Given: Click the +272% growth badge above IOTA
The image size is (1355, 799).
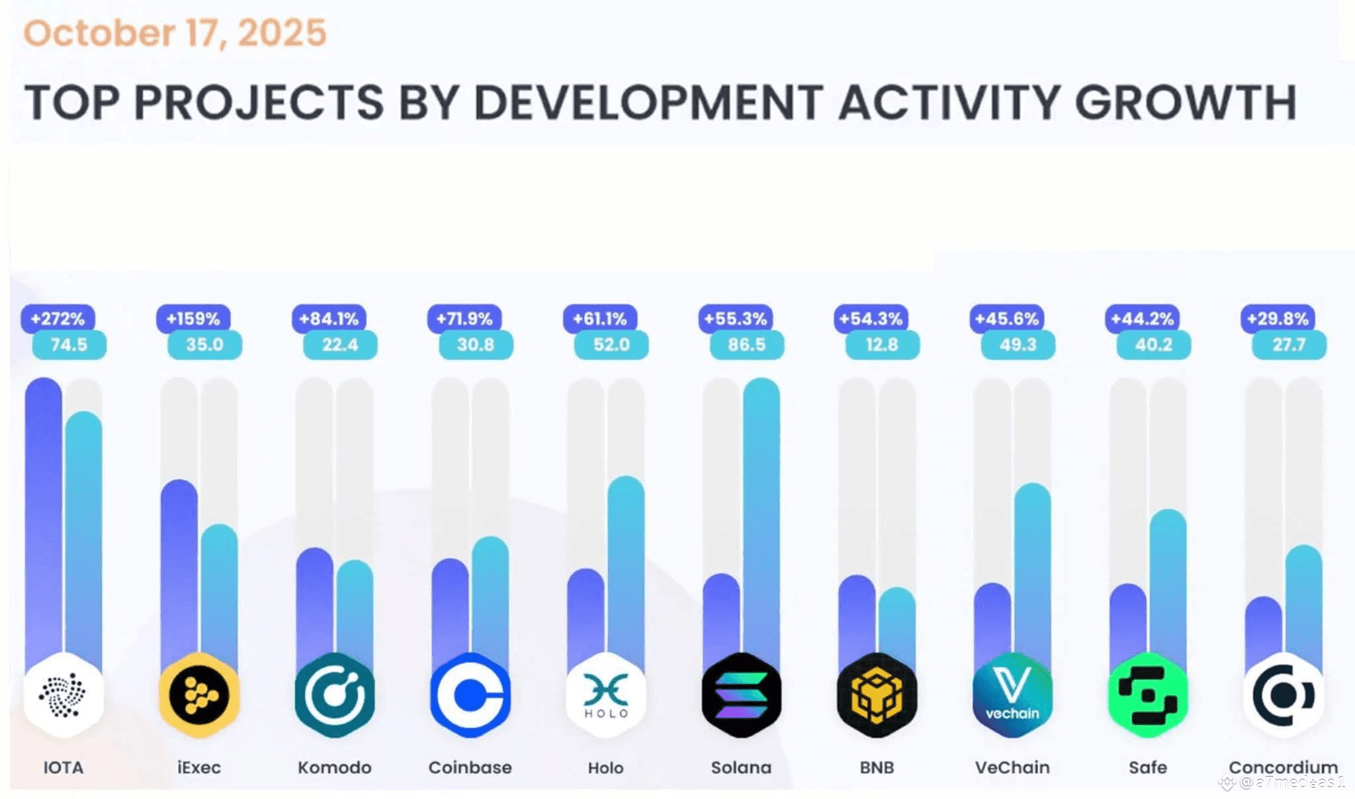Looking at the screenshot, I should (58, 319).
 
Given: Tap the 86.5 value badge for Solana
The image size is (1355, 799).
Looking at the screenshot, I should (746, 345).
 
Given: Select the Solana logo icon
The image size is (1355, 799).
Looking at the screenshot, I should (741, 695).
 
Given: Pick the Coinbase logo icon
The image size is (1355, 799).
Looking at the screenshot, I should (470, 695).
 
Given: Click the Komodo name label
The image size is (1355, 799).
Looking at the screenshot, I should (334, 767).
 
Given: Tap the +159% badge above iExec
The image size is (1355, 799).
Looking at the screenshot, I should (193, 319).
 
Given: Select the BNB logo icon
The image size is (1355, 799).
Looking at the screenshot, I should (877, 695).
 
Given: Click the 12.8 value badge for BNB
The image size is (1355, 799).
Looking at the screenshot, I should (882, 345).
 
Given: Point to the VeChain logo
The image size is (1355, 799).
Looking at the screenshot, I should (1012, 695).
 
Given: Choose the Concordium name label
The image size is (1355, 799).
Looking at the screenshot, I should (1283, 767).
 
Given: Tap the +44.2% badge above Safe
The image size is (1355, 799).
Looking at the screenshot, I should (1142, 319).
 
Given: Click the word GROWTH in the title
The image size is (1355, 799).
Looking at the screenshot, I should (1185, 103).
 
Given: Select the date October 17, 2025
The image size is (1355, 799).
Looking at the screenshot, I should (175, 33).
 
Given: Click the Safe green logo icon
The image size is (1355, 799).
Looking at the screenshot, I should (1148, 695).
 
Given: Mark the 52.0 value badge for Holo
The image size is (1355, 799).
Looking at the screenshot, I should (611, 345).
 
